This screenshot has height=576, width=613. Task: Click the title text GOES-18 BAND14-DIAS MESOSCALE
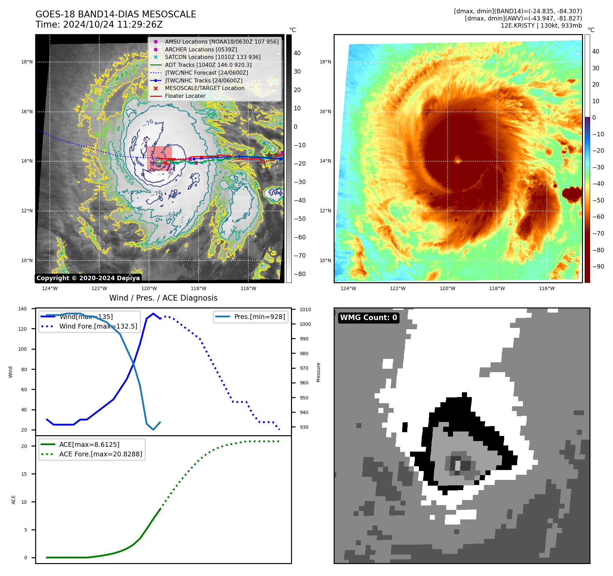116,14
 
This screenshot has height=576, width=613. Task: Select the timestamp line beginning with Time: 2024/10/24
99,25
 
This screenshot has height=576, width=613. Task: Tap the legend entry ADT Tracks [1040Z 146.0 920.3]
208,65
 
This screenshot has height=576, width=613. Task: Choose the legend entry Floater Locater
185,96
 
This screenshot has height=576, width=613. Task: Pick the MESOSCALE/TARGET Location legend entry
205,88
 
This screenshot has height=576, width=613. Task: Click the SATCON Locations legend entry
213,57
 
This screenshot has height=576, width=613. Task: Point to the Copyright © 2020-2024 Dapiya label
88,278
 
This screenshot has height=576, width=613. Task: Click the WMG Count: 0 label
368,318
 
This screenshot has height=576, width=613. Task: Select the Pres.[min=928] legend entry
259,317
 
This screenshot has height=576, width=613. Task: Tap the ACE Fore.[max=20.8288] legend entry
101,454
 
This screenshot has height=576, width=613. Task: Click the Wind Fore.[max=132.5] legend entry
98,326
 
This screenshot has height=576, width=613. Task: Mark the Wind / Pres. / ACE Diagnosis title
163,298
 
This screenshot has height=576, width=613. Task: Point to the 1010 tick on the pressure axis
305,309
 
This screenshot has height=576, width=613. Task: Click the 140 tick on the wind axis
23,309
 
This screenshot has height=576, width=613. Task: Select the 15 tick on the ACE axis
24,474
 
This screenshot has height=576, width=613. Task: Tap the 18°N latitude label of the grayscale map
27,62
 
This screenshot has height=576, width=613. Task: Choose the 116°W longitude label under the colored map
546,288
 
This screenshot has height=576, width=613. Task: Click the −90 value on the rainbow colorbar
598,267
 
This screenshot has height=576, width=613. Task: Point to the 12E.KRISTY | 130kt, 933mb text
541,26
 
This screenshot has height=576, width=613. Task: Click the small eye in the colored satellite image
457,160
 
